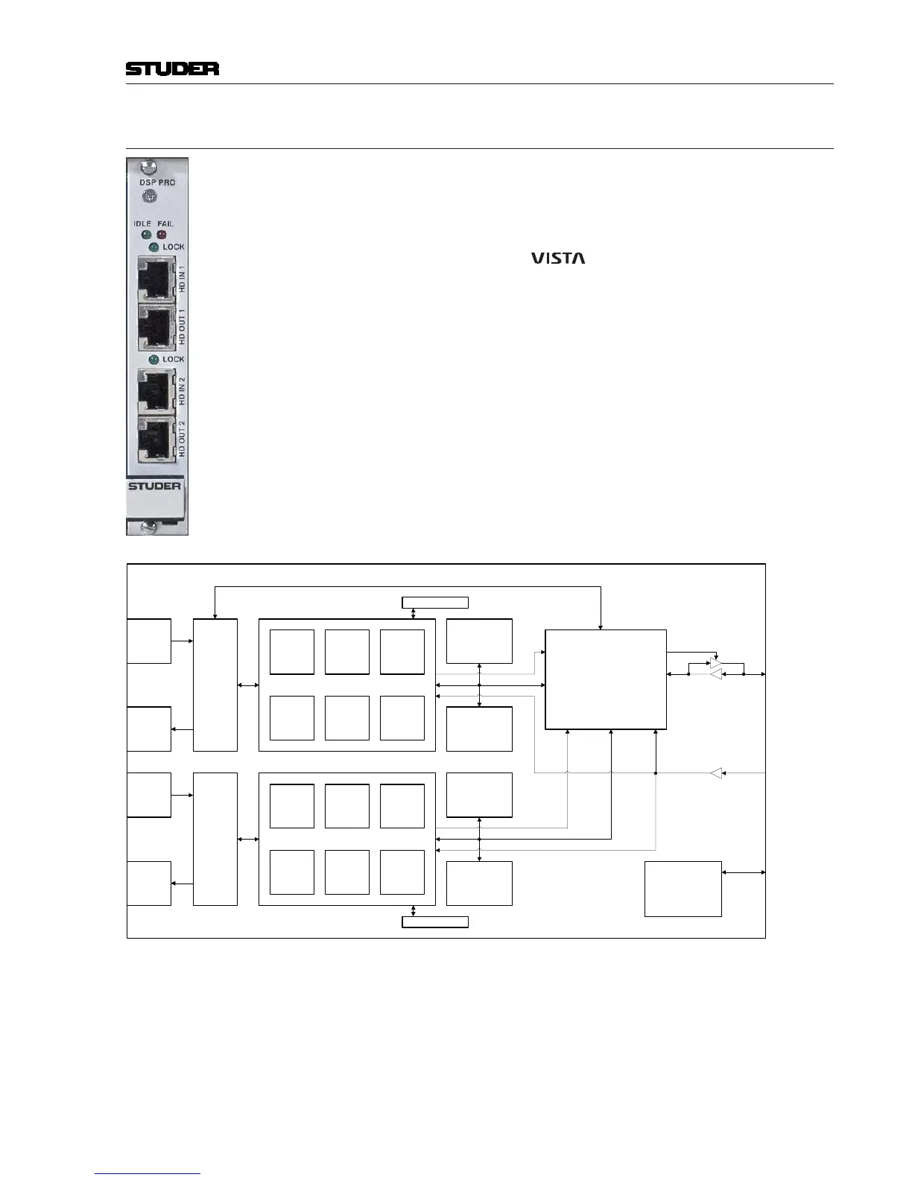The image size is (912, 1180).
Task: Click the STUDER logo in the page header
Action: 172,69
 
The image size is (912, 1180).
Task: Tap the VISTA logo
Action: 558,258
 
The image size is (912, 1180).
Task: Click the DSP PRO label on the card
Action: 157,183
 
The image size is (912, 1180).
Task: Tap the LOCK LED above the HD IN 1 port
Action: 153,247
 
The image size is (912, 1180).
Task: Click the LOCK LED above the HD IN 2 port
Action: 153,359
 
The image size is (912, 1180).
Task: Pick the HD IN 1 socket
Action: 156,279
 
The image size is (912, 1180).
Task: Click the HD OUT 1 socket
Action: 156,327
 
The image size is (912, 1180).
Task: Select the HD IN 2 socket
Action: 156,391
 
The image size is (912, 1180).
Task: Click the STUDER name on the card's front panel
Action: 154,486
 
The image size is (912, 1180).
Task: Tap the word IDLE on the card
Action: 142,224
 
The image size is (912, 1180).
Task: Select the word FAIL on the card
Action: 165,224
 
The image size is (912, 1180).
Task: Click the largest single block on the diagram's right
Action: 606,679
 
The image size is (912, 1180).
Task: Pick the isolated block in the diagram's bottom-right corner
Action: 683,889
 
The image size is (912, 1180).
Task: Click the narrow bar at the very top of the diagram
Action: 435,603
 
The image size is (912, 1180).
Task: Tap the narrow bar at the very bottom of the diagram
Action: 435,922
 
